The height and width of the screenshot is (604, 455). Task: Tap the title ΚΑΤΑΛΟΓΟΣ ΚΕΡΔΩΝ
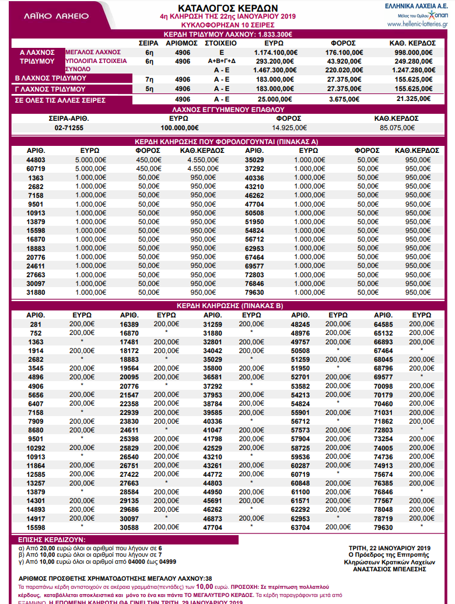[228, 8]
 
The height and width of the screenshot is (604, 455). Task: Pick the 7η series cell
[149, 78]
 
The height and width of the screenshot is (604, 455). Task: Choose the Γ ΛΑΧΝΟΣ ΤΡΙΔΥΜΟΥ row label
[50, 89]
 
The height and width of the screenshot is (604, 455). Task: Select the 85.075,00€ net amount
[396, 128]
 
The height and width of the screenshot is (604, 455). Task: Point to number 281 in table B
[36, 324]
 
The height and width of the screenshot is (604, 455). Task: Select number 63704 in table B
[301, 528]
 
